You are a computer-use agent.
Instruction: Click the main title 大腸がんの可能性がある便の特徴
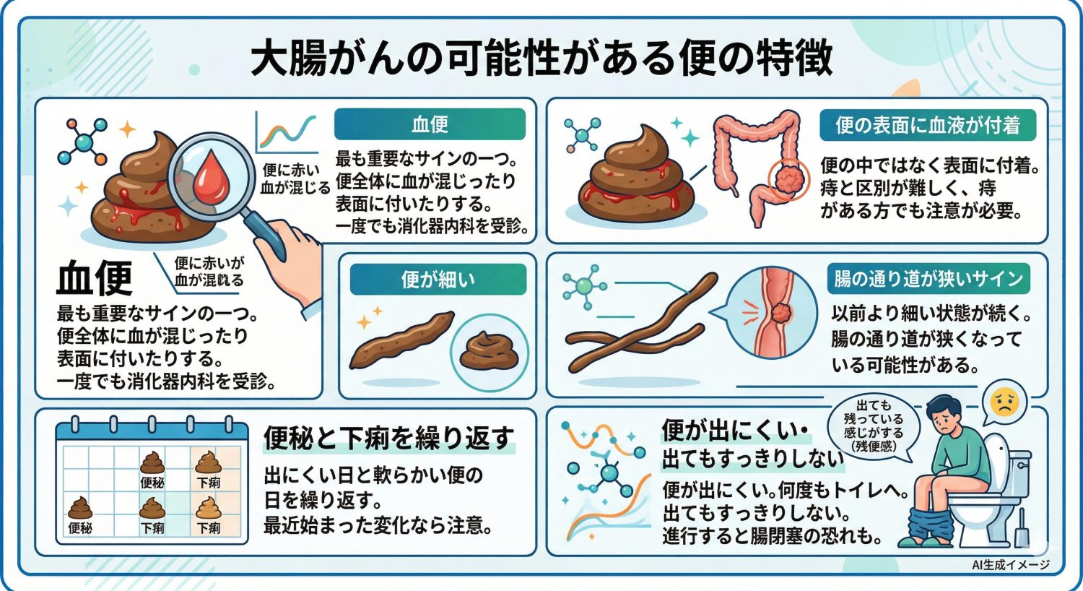[541, 58]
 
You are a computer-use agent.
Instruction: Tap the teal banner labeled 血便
[430, 124]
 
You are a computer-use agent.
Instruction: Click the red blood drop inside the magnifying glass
[211, 177]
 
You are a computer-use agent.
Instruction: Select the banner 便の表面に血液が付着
[928, 126]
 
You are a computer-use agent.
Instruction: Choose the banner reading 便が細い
[438, 280]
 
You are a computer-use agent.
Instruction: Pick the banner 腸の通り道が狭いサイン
[928, 279]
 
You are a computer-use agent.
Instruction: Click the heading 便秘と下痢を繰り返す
[389, 438]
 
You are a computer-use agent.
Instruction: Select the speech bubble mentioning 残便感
[874, 426]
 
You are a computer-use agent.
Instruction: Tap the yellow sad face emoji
[1004, 402]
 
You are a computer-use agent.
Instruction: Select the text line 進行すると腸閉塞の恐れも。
[773, 536]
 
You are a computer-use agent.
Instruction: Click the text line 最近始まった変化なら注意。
[378, 525]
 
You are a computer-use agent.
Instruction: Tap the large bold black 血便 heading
[95, 277]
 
